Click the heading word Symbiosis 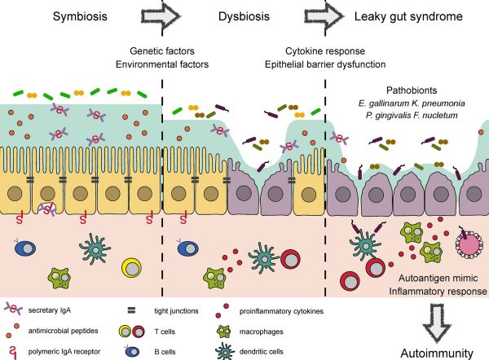point(80,16)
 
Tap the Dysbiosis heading point(244,16)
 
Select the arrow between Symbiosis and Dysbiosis point(161,15)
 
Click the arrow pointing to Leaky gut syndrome point(324,15)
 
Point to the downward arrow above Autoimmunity point(437,323)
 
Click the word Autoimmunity point(437,353)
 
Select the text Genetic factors point(162,51)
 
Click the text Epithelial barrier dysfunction point(325,64)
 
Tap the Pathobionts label point(412,90)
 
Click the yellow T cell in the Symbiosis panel point(131,268)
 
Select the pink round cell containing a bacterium point(469,245)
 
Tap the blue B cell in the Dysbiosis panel point(187,248)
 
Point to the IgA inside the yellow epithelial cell point(47,210)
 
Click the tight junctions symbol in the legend point(131,310)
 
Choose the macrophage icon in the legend point(224,331)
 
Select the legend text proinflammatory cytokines point(281,311)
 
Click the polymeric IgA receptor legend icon point(12,352)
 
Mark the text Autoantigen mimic point(438,278)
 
